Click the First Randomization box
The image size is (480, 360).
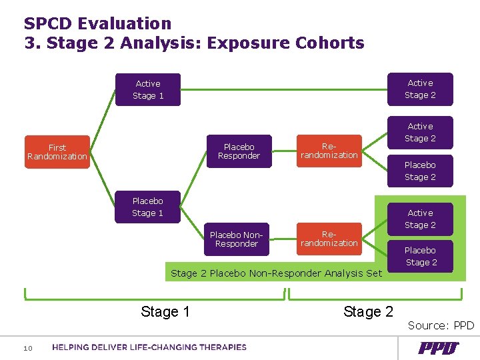(x=57, y=152)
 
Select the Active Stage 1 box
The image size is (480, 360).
(x=148, y=90)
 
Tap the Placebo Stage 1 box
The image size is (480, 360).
(x=147, y=207)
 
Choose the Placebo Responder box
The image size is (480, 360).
(x=239, y=151)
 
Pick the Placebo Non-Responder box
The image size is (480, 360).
(x=237, y=239)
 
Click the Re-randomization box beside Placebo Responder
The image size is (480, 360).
(x=329, y=151)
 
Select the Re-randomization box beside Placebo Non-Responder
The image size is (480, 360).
(x=329, y=239)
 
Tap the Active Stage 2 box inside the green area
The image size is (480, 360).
(x=420, y=219)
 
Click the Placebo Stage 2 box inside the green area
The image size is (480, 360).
(x=420, y=257)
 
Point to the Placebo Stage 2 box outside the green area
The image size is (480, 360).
(x=420, y=171)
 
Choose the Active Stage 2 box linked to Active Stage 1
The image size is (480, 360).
(x=420, y=89)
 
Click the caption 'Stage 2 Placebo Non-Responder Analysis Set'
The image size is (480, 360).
(x=276, y=273)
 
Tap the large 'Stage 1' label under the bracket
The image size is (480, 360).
(x=165, y=311)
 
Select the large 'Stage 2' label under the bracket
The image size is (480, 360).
(x=368, y=311)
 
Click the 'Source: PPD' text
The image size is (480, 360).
(x=441, y=325)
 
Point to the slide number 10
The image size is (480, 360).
(x=28, y=348)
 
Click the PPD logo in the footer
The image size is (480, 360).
(x=438, y=347)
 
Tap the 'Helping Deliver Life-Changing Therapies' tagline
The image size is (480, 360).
(x=149, y=347)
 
